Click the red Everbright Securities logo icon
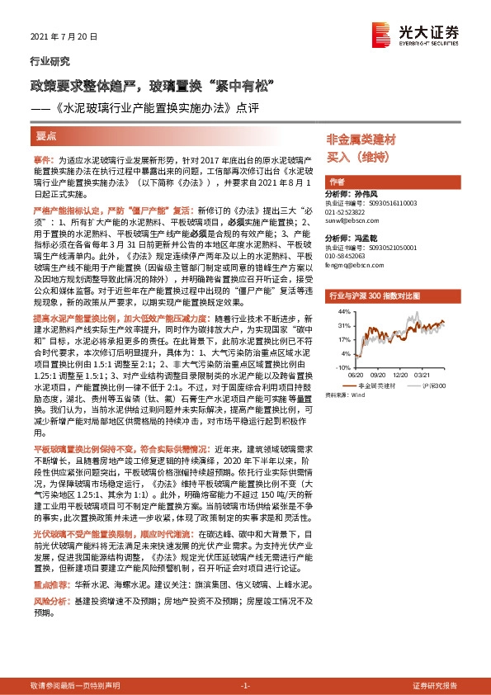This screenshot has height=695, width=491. coord(380,33)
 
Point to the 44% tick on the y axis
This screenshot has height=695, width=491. coord(343,312)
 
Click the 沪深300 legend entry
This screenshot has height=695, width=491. coord(432,385)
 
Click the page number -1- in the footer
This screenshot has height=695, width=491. coord(244,686)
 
